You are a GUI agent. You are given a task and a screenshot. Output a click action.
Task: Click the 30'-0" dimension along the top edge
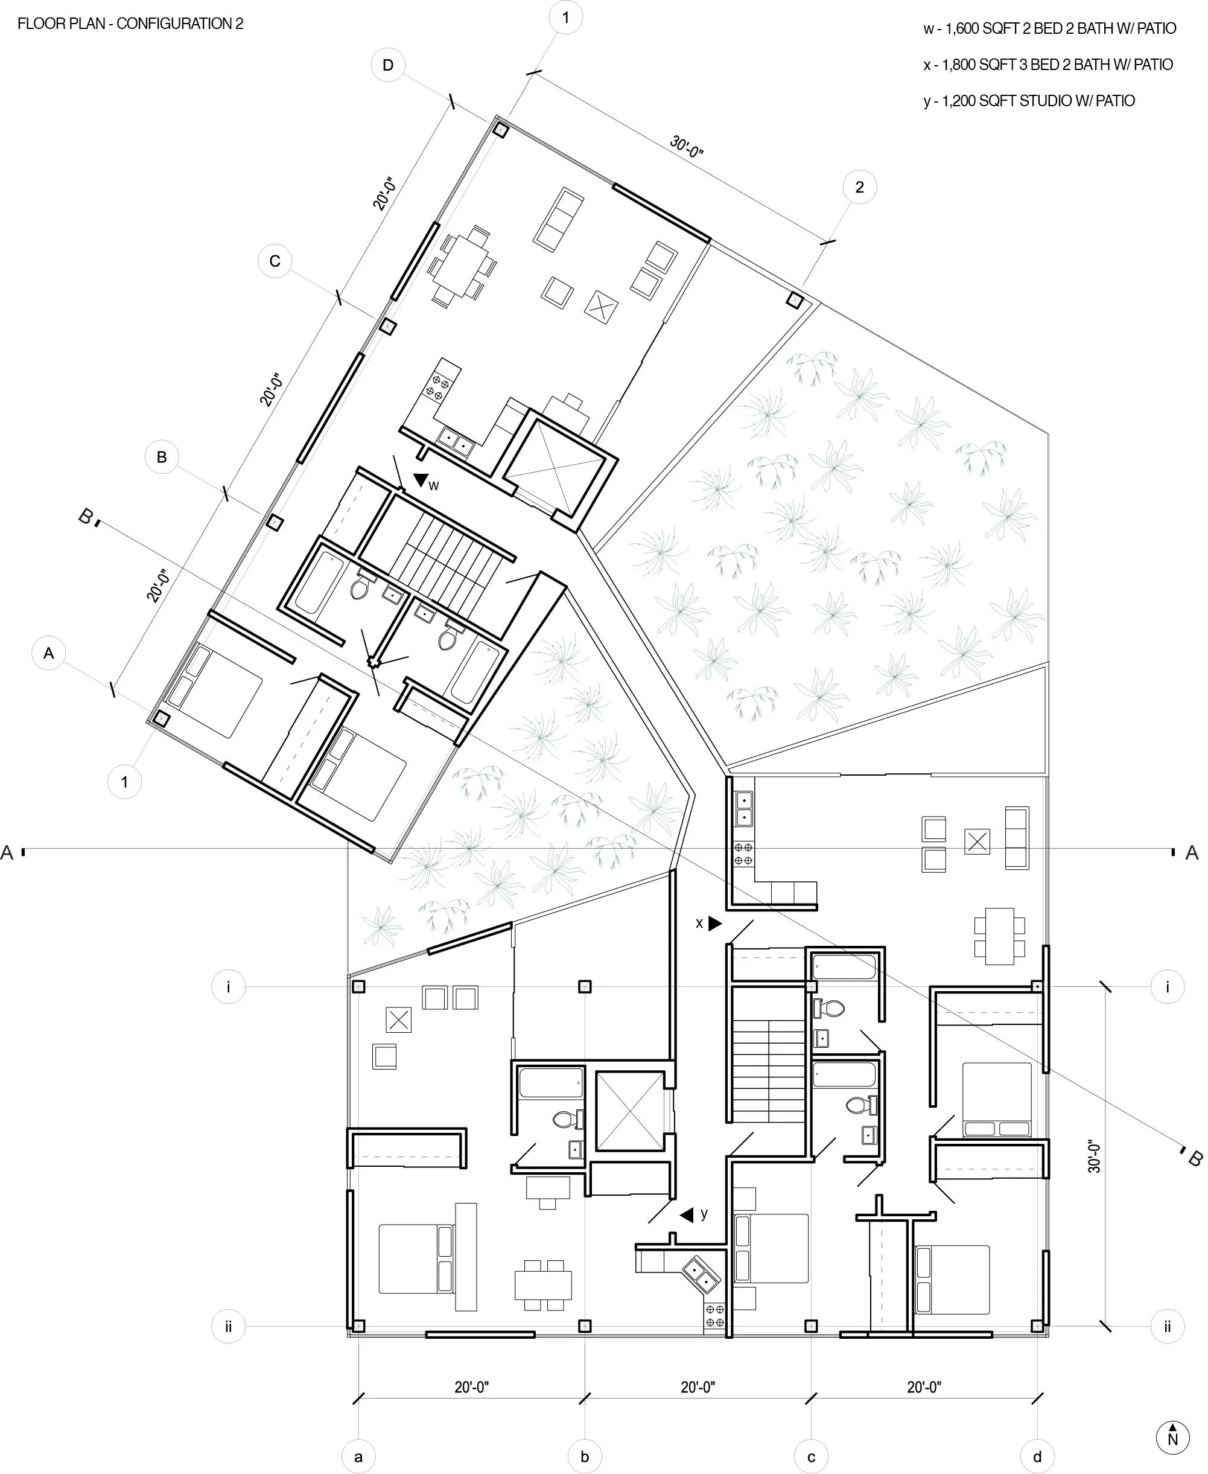coord(687,146)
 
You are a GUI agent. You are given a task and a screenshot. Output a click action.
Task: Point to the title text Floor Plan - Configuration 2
coord(130,24)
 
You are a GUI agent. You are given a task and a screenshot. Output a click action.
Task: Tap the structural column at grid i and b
coord(585,986)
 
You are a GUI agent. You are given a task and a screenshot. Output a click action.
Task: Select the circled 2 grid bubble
coord(859,187)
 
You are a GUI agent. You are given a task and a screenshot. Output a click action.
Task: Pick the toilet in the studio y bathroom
coord(564,1119)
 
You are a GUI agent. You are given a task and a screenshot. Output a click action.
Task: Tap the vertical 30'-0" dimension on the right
coord(1094,1156)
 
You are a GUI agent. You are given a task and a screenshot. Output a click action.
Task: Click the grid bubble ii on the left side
coord(228,1327)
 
